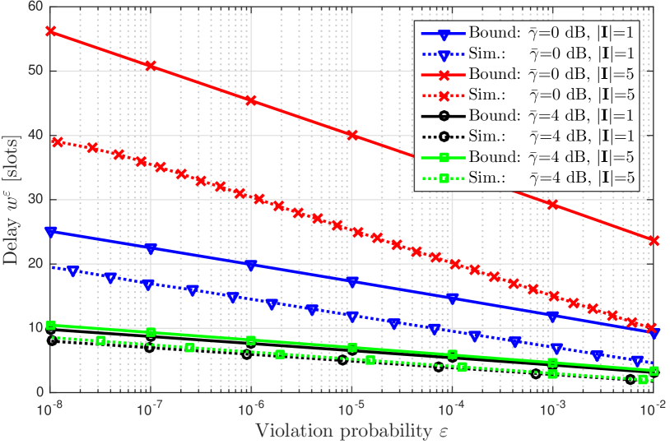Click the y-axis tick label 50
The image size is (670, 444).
point(36,71)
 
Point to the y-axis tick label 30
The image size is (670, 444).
point(36,200)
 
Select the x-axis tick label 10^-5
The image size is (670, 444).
point(351,408)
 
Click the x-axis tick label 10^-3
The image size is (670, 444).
point(553,408)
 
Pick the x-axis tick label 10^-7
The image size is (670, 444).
point(150,408)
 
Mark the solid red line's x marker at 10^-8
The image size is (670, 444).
point(50,30)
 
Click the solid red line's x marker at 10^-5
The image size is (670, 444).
point(352,135)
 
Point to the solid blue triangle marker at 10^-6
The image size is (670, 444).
point(251,265)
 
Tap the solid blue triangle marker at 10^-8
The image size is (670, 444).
point(50,232)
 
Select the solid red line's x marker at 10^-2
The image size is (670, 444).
point(654,240)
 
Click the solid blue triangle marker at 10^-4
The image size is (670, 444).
point(453,298)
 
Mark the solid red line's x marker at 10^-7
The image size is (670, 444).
point(151,65)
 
